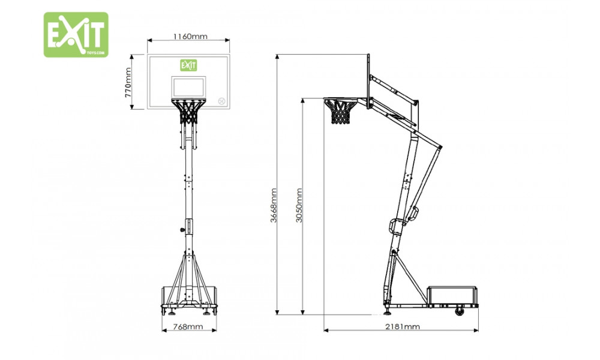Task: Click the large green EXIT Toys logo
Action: tap(76, 34)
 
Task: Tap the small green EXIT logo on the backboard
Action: tap(188, 65)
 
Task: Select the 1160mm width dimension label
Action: tap(190, 37)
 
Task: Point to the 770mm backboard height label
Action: tap(128, 82)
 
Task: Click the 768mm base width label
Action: tap(188, 327)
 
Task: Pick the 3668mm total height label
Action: tap(274, 205)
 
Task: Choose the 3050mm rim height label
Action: tap(299, 205)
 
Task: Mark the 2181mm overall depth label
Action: tap(402, 327)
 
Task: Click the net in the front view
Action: tap(188, 112)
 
